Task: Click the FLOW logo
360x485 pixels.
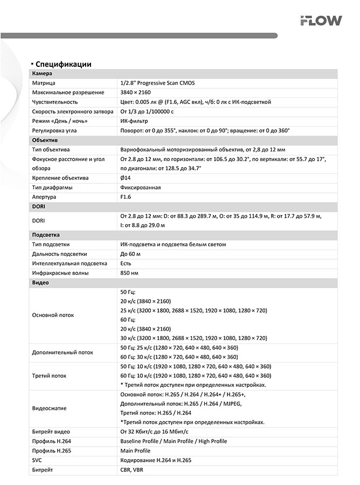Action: click(321, 21)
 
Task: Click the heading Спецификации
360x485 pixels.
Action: click(63, 64)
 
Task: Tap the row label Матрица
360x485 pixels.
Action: click(44, 83)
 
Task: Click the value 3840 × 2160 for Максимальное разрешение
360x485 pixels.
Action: click(135, 92)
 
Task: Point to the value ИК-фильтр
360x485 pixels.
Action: click(134, 121)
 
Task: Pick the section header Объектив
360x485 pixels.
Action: click(45, 140)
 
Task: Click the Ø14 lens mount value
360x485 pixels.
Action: click(126, 178)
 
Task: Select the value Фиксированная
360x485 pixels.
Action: click(141, 188)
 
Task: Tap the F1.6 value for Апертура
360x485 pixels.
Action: click(126, 197)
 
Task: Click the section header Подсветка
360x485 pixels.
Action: click(46, 235)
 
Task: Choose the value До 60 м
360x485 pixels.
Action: click(131, 254)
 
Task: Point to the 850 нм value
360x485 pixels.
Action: click(129, 273)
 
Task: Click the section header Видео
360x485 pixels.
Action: click(40, 282)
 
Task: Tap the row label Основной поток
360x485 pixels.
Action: click(53, 315)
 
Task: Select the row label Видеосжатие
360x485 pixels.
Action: click(49, 408)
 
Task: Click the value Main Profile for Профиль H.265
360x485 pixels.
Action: click(135, 451)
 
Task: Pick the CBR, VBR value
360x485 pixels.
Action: click(131, 469)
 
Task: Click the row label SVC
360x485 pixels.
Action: click(37, 460)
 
